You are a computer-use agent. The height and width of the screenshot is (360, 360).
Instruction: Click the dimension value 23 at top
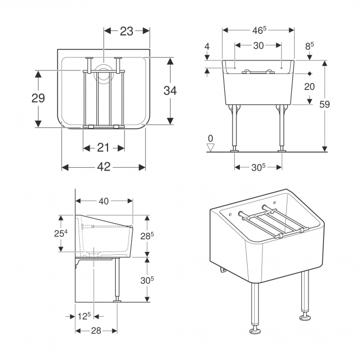126,31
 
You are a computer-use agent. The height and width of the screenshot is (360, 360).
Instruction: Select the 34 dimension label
170,90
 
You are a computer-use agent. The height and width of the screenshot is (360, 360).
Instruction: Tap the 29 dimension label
38,98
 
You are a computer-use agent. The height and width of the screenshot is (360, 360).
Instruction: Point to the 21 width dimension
104,148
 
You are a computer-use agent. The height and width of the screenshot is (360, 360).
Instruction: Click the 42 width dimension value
104,167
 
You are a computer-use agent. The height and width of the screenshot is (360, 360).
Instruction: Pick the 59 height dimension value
325,105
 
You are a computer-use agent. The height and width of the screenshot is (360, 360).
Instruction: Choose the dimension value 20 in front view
309,87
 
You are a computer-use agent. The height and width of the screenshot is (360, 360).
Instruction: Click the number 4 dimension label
207,47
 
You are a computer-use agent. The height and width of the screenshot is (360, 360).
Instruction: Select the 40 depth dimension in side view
104,201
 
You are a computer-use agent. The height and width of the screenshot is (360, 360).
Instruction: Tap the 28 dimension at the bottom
96,331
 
